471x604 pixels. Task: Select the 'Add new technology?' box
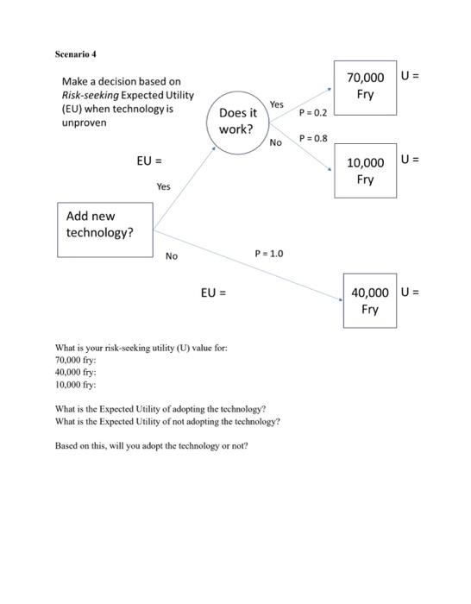[x=104, y=230]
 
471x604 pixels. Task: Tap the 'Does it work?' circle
[x=236, y=122]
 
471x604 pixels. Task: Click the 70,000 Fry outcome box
[x=365, y=87]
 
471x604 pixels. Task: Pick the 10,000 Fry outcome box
[x=365, y=171]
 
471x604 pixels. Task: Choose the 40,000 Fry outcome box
[x=369, y=300]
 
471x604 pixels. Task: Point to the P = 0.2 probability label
[x=313, y=113]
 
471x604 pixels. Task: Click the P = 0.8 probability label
[x=313, y=138]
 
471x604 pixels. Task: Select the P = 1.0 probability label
[x=268, y=254]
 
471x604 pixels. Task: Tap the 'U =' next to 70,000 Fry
[x=411, y=76]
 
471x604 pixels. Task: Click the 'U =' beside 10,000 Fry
[x=411, y=160]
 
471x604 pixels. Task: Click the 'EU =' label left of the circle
[x=149, y=161]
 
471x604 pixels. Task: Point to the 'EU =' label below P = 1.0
[x=213, y=293]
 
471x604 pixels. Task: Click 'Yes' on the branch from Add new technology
[x=163, y=186]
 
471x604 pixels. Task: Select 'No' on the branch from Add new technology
[x=172, y=256]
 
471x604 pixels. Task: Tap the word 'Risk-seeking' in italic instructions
[x=90, y=95]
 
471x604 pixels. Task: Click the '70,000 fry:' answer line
[x=76, y=360]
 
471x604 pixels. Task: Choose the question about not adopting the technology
[x=166, y=422]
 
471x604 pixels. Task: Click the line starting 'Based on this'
[x=151, y=446]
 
